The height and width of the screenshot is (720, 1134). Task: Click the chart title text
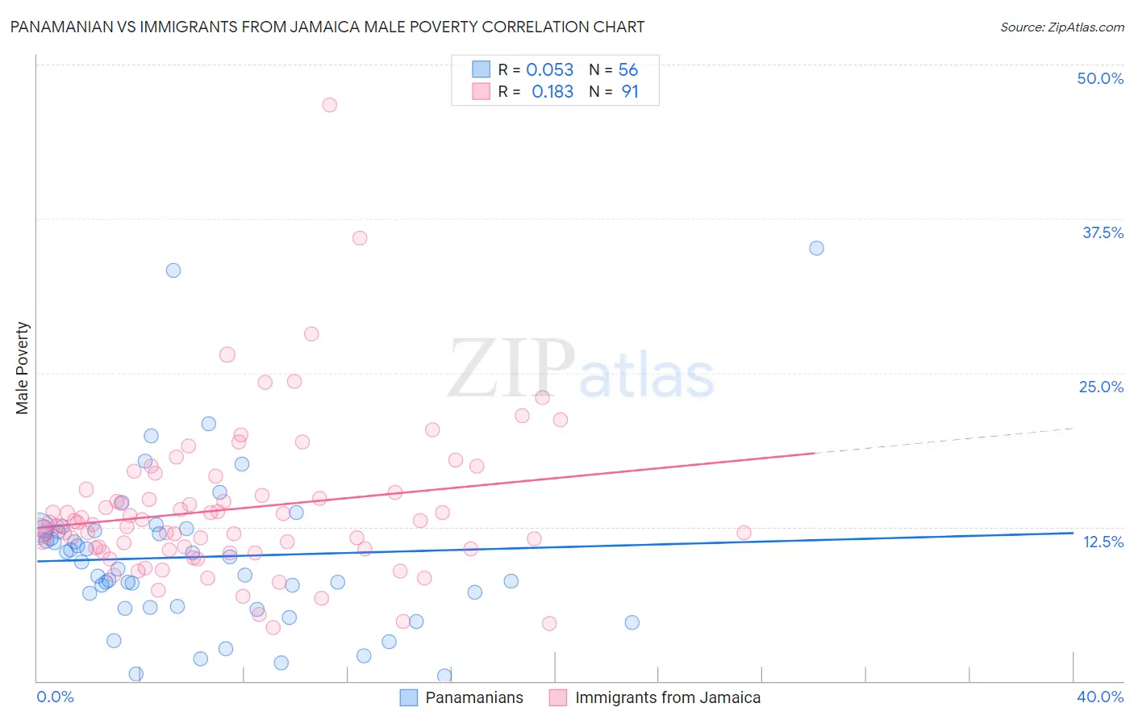coord(327,27)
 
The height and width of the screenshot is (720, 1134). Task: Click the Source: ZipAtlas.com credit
coord(1061,27)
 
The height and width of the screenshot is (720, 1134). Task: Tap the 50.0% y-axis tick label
coord(1099,78)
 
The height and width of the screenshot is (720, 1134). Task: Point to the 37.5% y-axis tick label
coord(1102,232)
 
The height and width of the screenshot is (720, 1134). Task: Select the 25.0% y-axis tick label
coord(1100,387)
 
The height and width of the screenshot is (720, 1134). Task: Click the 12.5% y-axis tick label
coord(1102,542)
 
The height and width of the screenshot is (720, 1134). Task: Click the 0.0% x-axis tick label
coord(55,697)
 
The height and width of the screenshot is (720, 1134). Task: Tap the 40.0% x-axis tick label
coord(1099,697)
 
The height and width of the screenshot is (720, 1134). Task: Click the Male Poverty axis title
coord(23,368)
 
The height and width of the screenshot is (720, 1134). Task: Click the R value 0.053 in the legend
coord(549,70)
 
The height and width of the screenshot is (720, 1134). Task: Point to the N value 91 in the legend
coord(629,92)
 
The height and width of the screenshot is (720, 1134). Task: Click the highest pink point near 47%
coord(329,105)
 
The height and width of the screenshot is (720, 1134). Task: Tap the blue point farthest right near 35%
coord(816,249)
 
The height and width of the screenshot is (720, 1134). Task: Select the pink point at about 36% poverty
coord(360,238)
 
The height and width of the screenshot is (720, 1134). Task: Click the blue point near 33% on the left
coord(173,270)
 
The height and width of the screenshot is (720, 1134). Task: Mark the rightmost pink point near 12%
coord(744,533)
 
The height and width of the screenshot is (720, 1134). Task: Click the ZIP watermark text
coord(511,368)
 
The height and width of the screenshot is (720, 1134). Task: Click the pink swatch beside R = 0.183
coord(481,92)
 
